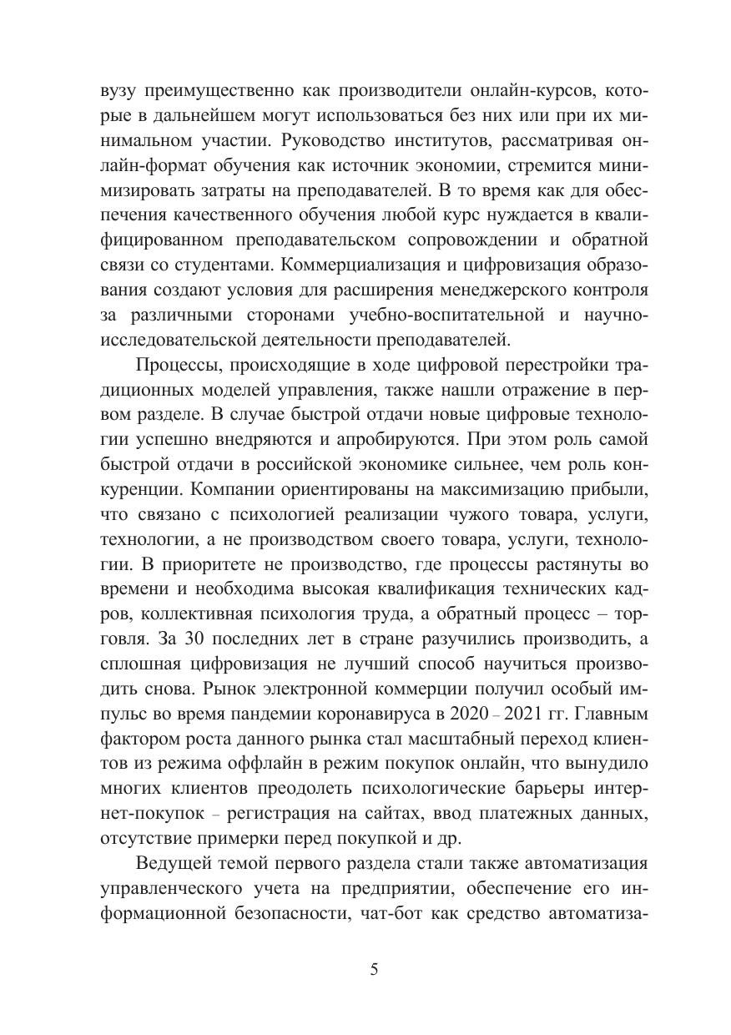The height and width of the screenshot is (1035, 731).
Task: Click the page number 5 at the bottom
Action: pos(374,970)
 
